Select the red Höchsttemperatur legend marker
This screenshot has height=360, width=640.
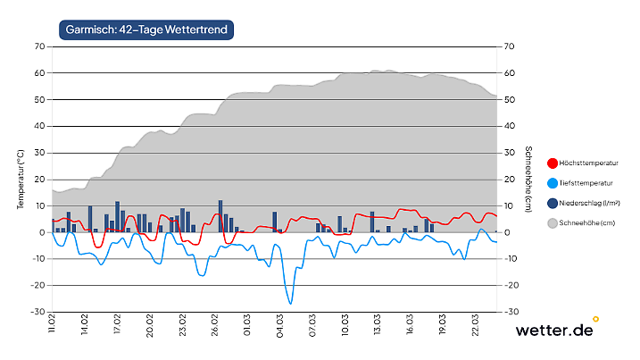tap(552, 163)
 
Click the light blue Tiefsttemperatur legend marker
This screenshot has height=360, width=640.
tap(552, 183)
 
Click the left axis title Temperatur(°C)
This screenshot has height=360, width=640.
tap(20, 180)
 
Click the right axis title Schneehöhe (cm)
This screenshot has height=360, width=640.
tap(528, 180)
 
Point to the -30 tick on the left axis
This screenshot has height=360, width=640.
tap(39, 312)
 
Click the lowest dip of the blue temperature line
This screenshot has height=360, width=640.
tap(290, 304)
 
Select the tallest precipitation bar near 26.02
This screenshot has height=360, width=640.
tap(220, 215)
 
